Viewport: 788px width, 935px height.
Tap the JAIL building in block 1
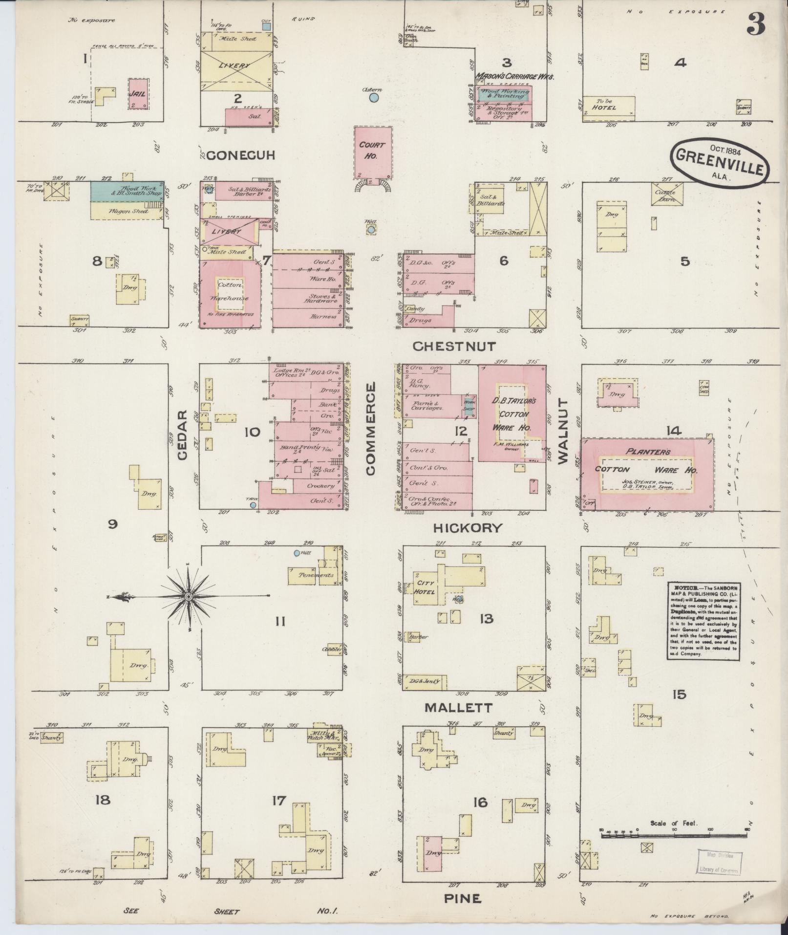138,93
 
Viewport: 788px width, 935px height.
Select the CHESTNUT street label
454,347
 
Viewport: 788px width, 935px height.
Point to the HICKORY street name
468,528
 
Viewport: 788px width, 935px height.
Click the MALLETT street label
458,708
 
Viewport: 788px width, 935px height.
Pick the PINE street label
462,898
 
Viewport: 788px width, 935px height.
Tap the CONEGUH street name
241,155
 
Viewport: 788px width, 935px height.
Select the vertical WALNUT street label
563,431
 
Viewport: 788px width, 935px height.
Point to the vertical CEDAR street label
182,435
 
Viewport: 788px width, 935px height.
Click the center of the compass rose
188,597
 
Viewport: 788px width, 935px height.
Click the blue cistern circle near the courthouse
374,98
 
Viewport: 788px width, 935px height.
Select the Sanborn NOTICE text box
703,620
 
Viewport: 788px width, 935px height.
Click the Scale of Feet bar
674,836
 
